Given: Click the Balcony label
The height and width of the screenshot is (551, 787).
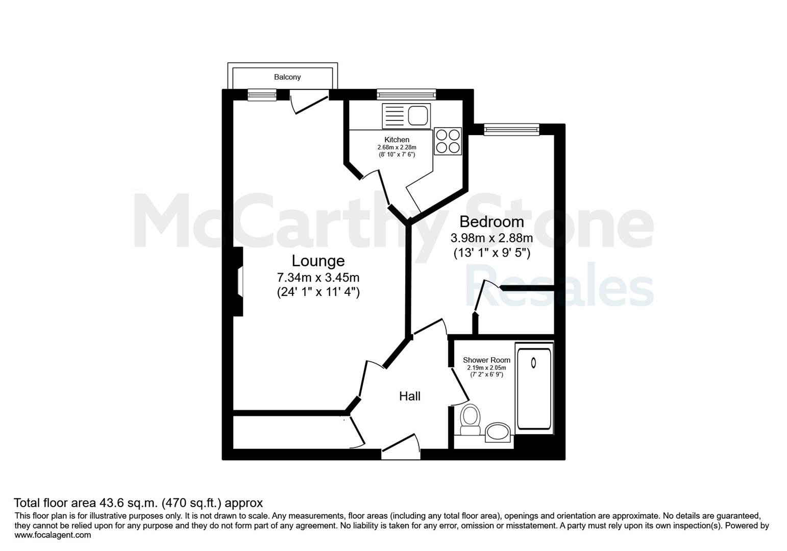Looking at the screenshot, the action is [287, 77].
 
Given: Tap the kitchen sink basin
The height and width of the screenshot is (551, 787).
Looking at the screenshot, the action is [418, 115].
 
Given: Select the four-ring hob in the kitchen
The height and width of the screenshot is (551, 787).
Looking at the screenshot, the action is [448, 141].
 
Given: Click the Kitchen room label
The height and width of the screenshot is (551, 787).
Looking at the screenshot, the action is [397, 139].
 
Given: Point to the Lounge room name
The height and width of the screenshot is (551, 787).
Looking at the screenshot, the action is [318, 261].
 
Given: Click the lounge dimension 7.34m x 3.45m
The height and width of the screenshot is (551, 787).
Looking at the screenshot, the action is [318, 278].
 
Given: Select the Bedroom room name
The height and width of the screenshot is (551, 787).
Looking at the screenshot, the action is [491, 221].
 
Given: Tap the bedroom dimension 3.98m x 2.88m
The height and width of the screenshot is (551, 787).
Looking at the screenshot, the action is [491, 238].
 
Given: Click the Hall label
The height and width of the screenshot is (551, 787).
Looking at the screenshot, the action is [410, 396].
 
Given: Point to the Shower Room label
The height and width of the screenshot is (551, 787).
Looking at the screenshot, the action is [486, 360].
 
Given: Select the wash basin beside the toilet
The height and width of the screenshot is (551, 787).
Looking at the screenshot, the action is [498, 432].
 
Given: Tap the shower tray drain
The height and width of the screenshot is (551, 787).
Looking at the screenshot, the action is [533, 362].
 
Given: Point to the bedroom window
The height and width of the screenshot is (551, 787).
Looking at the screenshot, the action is [511, 130].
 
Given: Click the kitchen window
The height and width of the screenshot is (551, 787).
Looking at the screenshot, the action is [406, 94].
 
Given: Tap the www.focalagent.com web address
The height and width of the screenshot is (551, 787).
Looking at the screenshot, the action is [53, 535].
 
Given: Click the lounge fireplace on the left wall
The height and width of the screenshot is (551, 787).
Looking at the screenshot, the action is [238, 281].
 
